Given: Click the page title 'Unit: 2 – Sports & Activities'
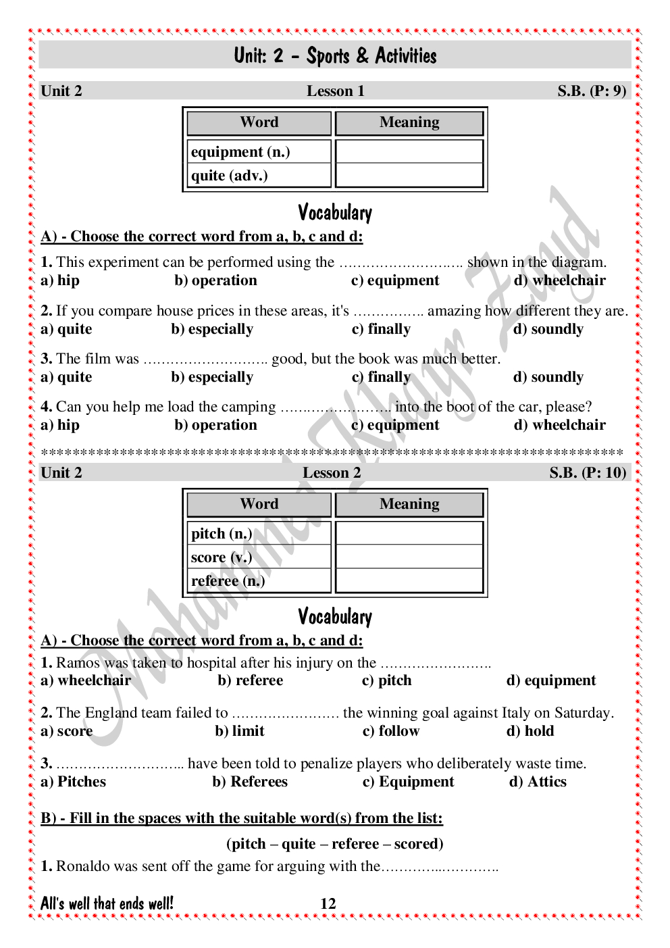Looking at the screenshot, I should click(335, 55).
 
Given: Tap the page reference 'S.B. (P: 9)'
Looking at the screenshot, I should click(592, 91).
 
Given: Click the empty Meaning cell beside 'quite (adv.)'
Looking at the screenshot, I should click(409, 176).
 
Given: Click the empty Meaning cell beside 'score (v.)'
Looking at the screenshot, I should click(409, 557).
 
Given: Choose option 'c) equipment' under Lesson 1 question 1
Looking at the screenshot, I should click(395, 280).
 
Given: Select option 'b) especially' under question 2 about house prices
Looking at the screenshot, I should click(212, 329).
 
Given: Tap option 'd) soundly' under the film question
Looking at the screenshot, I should click(548, 377).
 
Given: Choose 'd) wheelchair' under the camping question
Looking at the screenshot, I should click(560, 425).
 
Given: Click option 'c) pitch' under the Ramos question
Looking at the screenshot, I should click(387, 680).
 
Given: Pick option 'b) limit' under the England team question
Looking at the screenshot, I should click(240, 731).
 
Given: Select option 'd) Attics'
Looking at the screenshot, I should click(538, 782).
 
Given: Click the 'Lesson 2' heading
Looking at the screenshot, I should click(332, 473).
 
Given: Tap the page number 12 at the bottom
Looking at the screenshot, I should click(328, 904).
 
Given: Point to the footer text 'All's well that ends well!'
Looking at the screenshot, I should click(107, 904).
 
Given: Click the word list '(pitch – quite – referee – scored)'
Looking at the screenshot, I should click(335, 844).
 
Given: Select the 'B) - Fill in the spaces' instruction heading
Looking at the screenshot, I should click(242, 818).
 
